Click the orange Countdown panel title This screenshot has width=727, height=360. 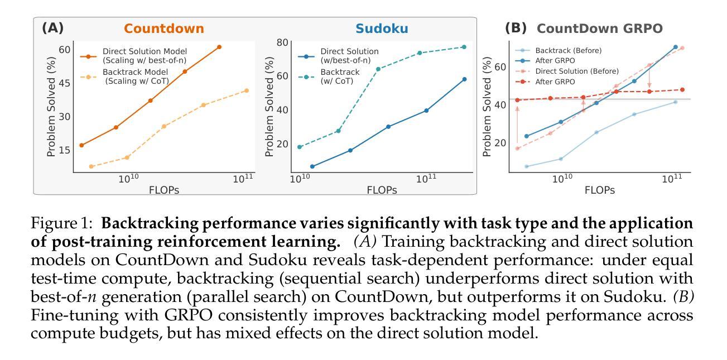(x=163, y=28)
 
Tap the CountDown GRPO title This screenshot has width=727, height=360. (x=599, y=28)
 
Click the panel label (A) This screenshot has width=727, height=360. (x=53, y=28)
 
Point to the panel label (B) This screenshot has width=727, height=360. (x=516, y=28)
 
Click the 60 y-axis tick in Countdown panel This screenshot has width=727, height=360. (x=64, y=50)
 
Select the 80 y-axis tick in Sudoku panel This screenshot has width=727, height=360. (x=282, y=43)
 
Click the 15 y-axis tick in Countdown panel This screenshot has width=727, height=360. (x=64, y=150)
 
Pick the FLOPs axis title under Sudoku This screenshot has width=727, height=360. (x=382, y=190)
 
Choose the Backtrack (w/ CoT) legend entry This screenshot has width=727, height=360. (x=339, y=76)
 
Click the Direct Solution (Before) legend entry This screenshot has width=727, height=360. (x=576, y=71)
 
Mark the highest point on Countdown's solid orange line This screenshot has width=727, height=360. (x=219, y=47)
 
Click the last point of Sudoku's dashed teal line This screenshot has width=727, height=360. (x=464, y=47)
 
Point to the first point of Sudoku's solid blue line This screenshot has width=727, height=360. (x=312, y=166)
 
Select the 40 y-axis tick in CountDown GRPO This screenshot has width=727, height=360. (x=500, y=104)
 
